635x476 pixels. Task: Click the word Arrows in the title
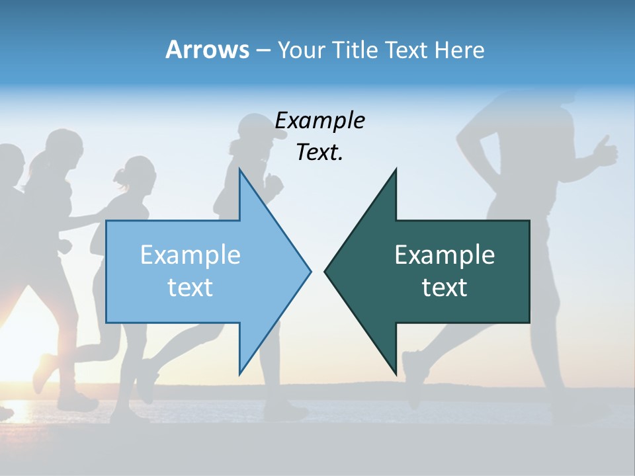(208, 50)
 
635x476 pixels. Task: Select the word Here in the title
(459, 50)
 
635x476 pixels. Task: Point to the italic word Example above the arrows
(319, 120)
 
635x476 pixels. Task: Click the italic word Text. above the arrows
(319, 152)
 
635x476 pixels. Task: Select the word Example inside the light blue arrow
(190, 255)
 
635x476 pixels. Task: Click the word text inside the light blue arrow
(190, 287)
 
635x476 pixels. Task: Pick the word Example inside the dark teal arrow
(444, 255)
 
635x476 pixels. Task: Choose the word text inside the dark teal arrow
(444, 287)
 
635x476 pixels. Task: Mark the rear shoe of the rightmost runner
(413, 377)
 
